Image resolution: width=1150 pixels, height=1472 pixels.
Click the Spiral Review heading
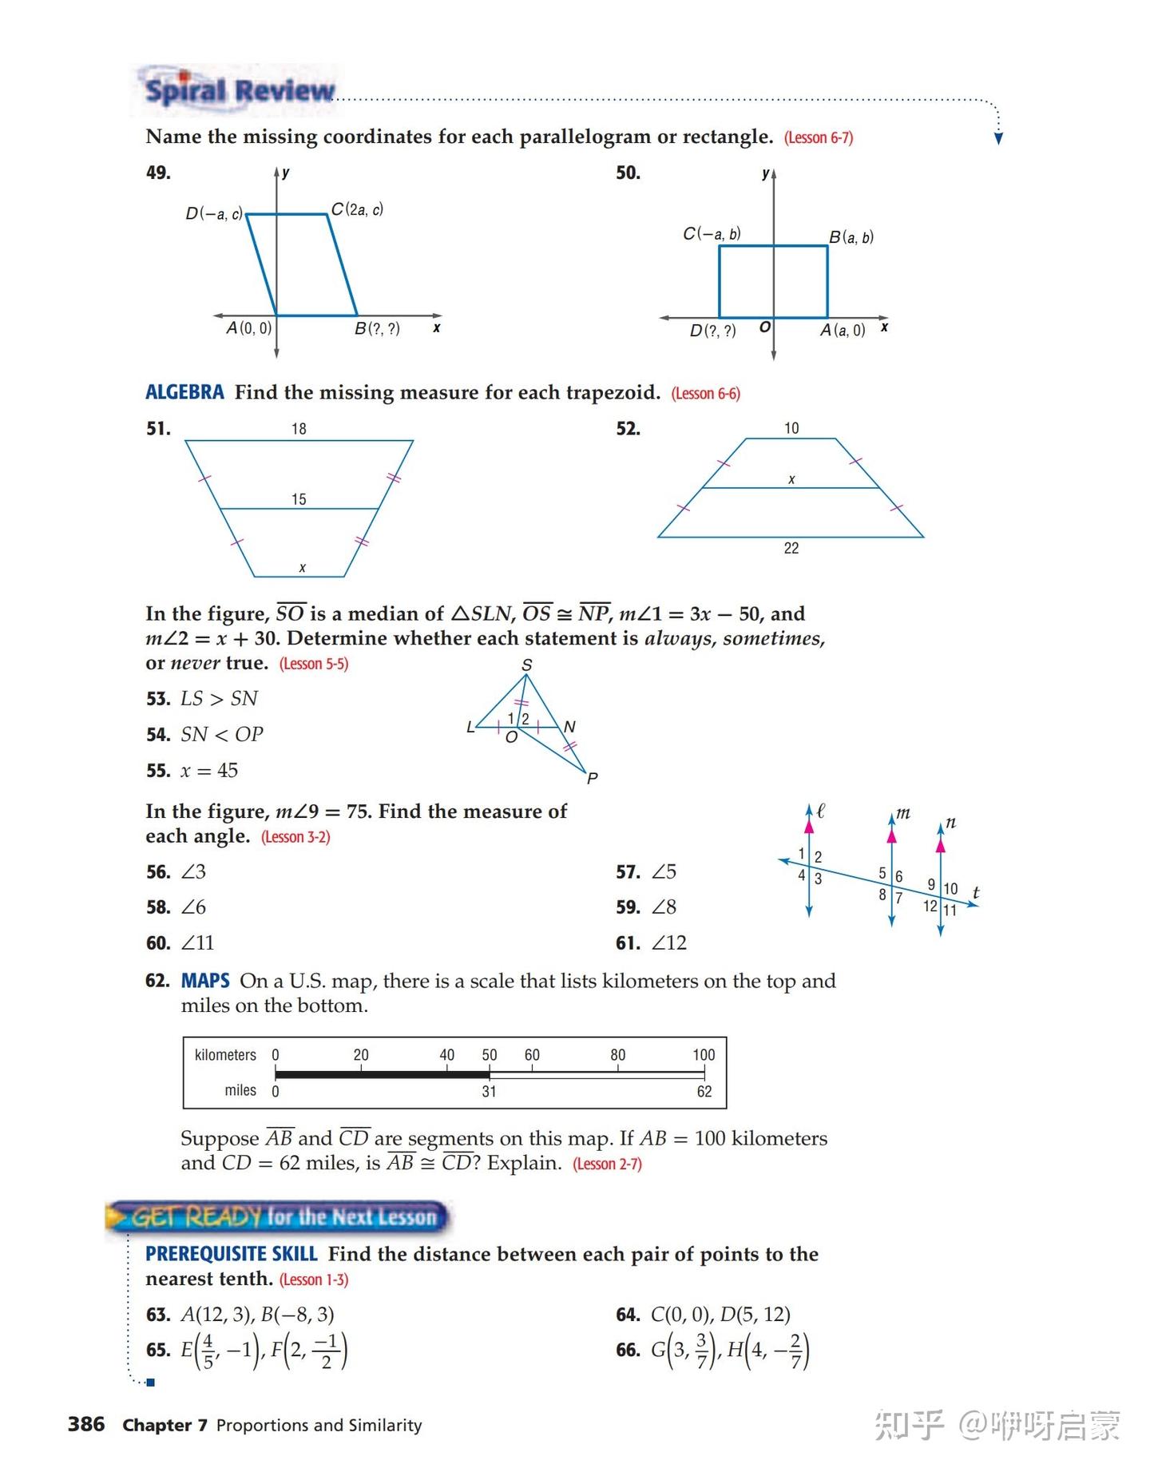239,90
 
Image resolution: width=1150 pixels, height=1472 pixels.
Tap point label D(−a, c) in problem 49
214,214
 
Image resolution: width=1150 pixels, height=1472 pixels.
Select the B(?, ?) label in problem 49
377,329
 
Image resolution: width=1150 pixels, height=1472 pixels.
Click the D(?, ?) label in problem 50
712,331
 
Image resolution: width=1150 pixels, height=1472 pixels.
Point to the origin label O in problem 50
764,327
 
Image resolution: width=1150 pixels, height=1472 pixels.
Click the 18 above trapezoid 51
299,429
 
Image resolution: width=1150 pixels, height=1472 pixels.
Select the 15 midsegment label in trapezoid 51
299,499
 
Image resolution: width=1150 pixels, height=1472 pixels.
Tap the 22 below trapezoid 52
791,548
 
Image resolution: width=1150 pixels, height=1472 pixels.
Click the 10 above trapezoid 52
791,428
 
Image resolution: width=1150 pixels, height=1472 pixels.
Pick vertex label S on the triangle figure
526,665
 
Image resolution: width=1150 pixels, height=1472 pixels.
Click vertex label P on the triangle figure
592,778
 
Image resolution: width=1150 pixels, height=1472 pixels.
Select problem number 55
158,771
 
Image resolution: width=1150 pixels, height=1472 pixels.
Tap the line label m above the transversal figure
902,813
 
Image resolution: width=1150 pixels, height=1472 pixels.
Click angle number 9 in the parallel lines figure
930,884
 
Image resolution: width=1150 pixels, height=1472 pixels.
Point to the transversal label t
976,892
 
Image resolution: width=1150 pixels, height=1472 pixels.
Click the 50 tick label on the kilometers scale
490,1055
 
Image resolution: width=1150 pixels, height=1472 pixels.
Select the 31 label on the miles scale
489,1092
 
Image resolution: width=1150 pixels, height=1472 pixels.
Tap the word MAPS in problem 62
205,981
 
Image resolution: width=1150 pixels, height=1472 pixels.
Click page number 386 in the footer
86,1424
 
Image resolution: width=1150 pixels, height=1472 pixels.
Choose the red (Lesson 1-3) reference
314,1280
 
